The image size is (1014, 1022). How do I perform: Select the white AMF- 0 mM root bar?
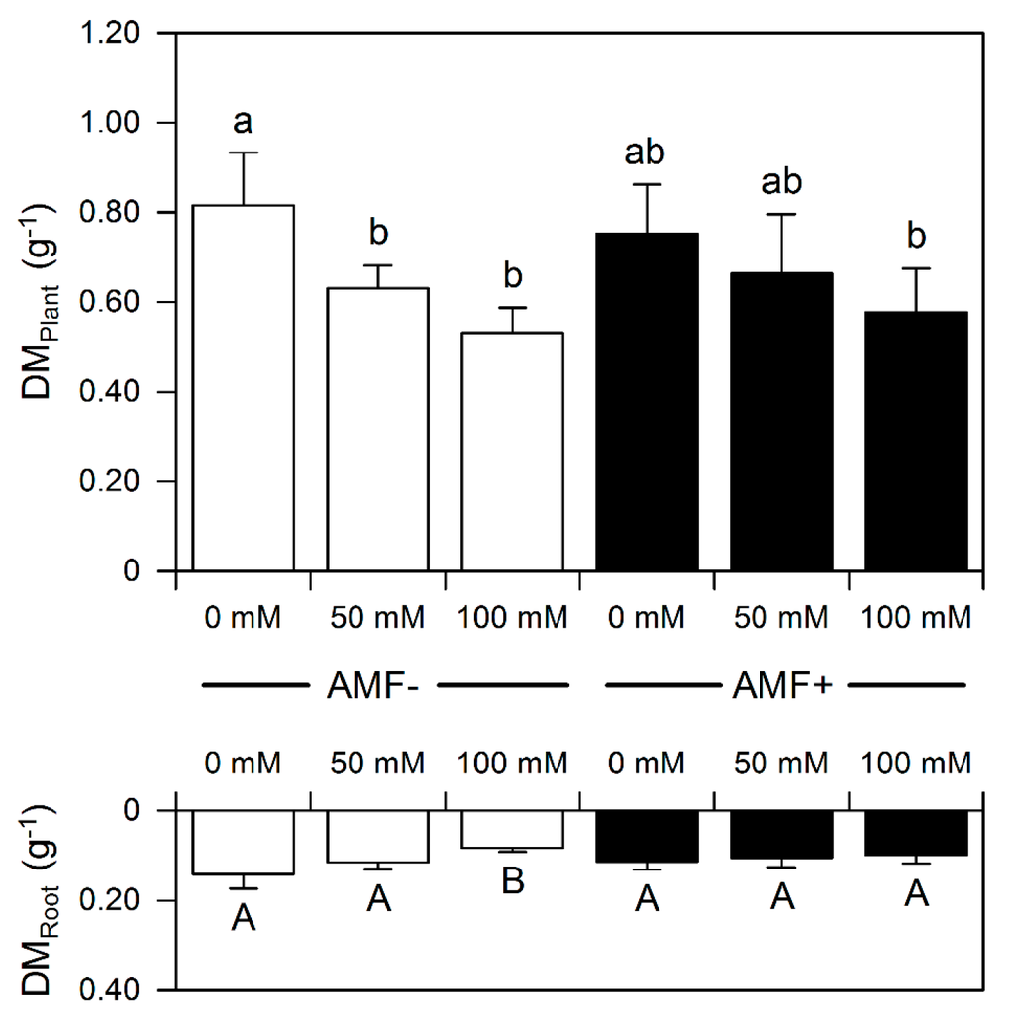pos(244,843)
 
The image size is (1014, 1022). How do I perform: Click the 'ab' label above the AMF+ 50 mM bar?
pos(781,182)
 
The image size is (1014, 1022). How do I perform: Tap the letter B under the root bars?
pos(513,882)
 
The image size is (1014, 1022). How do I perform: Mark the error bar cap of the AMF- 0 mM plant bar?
pos(244,153)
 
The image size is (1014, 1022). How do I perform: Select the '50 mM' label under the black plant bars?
pos(781,619)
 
